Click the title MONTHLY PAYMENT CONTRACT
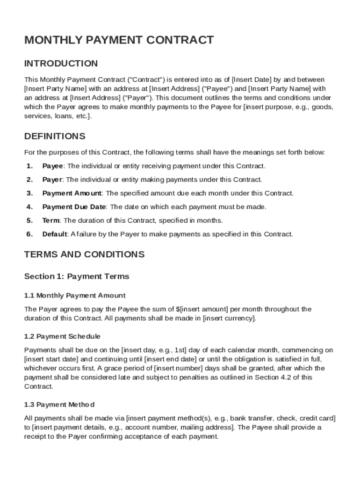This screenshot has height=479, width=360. point(119,40)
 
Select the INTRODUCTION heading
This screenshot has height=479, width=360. point(61,64)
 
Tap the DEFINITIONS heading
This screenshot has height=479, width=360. point(55,137)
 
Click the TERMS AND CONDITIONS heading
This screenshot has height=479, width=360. point(84,254)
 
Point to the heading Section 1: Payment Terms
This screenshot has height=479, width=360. point(76,276)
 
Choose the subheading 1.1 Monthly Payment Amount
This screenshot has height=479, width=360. point(75,296)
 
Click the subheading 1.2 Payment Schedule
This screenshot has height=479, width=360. point(62,336)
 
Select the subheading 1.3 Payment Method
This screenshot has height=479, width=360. point(59,405)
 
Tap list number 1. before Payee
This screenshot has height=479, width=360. point(30,166)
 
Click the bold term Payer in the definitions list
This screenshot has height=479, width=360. point(52,180)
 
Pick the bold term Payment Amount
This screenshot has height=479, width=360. point(72,193)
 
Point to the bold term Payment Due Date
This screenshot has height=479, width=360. point(74,207)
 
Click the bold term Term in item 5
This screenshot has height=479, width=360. point(51,220)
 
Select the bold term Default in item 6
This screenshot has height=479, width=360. point(55,234)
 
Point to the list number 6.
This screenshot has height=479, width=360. point(30,234)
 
